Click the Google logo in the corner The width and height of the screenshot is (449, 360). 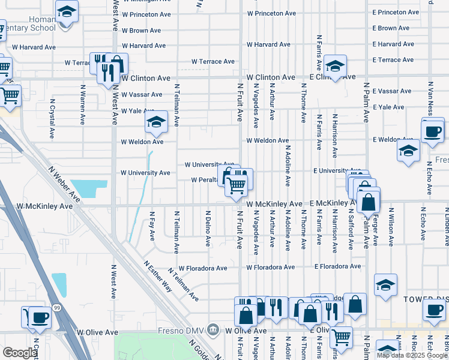(x=19, y=353)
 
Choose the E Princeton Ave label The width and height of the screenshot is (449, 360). (x=393, y=12)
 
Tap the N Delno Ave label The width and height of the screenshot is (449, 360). (x=208, y=229)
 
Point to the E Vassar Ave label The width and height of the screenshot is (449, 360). (x=392, y=91)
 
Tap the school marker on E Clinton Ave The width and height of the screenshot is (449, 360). (x=335, y=65)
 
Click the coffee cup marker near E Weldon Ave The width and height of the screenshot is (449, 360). (x=432, y=130)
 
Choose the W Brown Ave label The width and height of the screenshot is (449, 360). (x=141, y=30)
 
